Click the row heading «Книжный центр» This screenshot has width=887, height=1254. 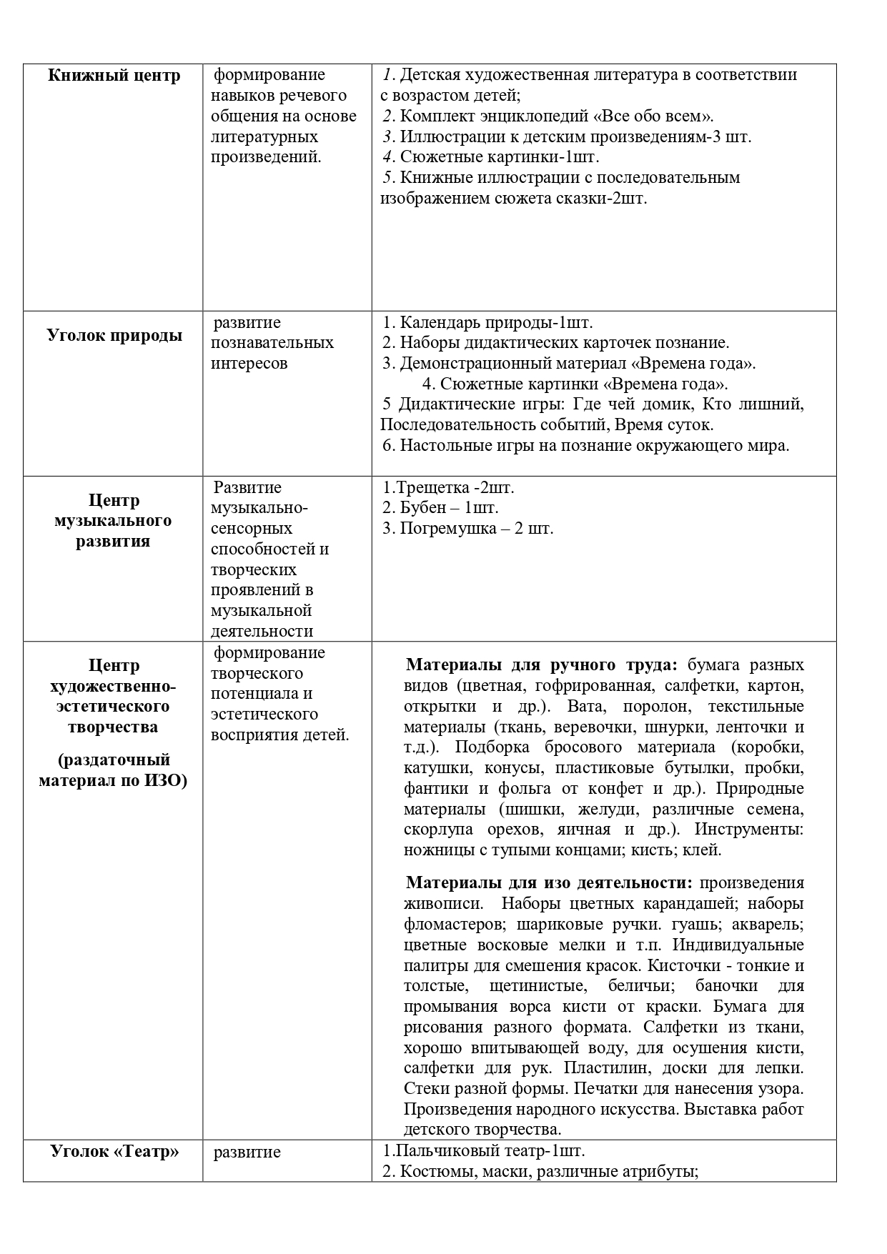[x=114, y=76]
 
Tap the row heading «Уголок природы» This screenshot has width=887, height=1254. [x=114, y=335]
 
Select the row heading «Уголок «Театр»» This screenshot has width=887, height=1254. [x=114, y=1151]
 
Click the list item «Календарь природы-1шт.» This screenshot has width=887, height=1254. [x=495, y=322]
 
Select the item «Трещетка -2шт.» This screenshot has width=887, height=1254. [x=449, y=487]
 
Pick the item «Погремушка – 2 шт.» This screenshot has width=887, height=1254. [x=476, y=529]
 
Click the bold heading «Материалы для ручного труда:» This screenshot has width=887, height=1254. [x=541, y=665]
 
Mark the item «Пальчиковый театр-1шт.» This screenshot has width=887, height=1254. [x=484, y=1151]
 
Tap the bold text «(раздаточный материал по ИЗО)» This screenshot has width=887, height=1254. [x=114, y=770]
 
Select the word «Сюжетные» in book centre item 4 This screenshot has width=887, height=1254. [x=435, y=156]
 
